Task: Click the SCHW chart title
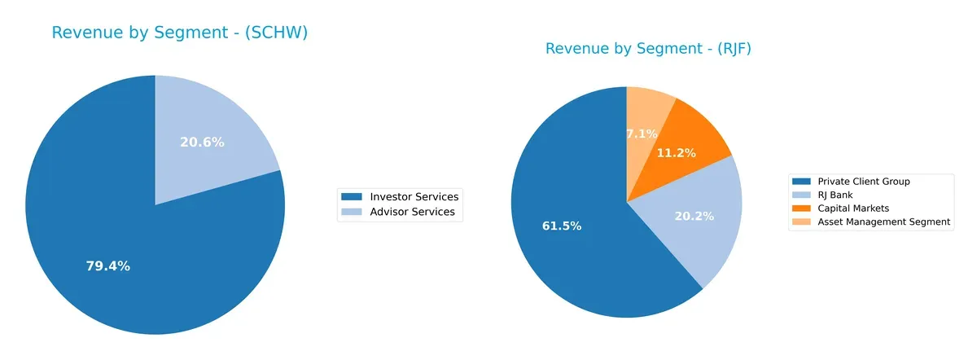pyautogui.click(x=179, y=33)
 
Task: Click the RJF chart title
pyautogui.click(x=648, y=49)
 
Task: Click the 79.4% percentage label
pyautogui.click(x=107, y=266)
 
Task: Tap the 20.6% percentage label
pyautogui.click(x=202, y=142)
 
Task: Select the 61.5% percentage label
pyautogui.click(x=562, y=226)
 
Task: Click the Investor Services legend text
pyautogui.click(x=414, y=197)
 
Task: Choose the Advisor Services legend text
pyautogui.click(x=412, y=213)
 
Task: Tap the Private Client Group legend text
pyautogui.click(x=864, y=182)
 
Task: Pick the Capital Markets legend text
pyautogui.click(x=854, y=209)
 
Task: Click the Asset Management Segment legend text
pyautogui.click(x=883, y=222)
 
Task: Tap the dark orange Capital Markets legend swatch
pyautogui.click(x=802, y=209)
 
